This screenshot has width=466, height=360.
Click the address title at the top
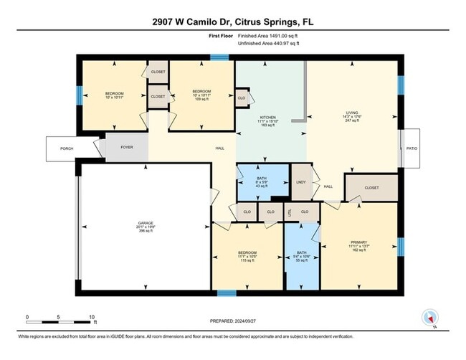point(232,22)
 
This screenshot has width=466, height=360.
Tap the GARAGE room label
point(146,223)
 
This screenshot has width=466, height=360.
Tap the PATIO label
point(411,148)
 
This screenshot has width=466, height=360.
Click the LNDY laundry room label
point(301,183)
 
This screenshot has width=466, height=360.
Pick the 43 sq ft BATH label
point(262,179)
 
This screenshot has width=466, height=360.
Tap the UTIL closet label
point(290,212)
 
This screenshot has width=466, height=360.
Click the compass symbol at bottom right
point(431,317)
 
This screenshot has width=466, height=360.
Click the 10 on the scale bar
point(92,316)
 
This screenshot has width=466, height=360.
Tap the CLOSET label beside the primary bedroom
point(371,188)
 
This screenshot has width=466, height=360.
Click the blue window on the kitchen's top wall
point(219,57)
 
